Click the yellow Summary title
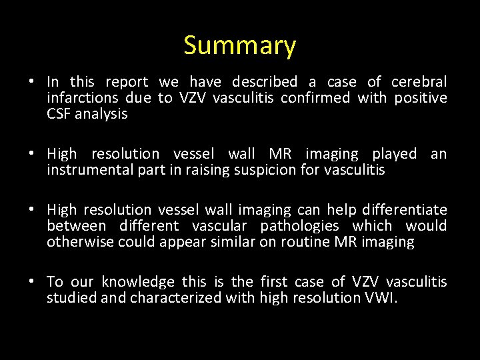coord(239,45)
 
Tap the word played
coord(393,154)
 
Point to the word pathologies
coord(299,226)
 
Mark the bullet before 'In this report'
coord(32,83)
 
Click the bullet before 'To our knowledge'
coord(32,283)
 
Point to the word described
coord(264,82)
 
